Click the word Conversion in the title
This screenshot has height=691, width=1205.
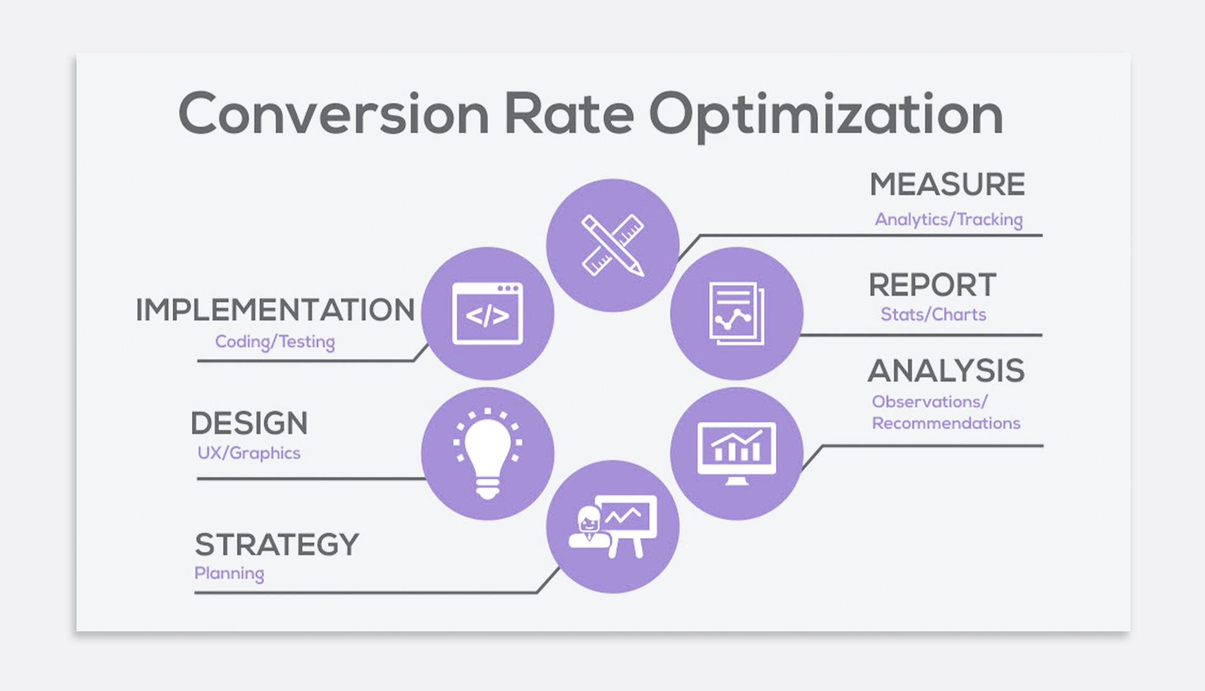334,114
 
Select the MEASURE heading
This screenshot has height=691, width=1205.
947,185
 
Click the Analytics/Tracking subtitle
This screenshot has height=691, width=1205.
949,220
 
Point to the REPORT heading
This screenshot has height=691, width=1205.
933,285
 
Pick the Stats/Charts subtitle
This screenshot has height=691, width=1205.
933,314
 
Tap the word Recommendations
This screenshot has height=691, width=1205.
946,423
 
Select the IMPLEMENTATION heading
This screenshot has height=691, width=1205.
275,310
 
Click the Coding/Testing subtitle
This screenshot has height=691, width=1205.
275,342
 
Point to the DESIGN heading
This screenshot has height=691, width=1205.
249,423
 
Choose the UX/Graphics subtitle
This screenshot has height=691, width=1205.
249,453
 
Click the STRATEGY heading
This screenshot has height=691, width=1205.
277,544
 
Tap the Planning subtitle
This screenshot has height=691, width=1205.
229,574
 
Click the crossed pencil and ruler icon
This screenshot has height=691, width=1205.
613,245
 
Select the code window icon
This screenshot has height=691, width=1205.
488,313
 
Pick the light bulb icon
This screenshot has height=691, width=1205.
488,453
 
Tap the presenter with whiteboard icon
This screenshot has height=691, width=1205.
613,527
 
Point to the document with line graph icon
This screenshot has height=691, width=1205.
737,313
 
